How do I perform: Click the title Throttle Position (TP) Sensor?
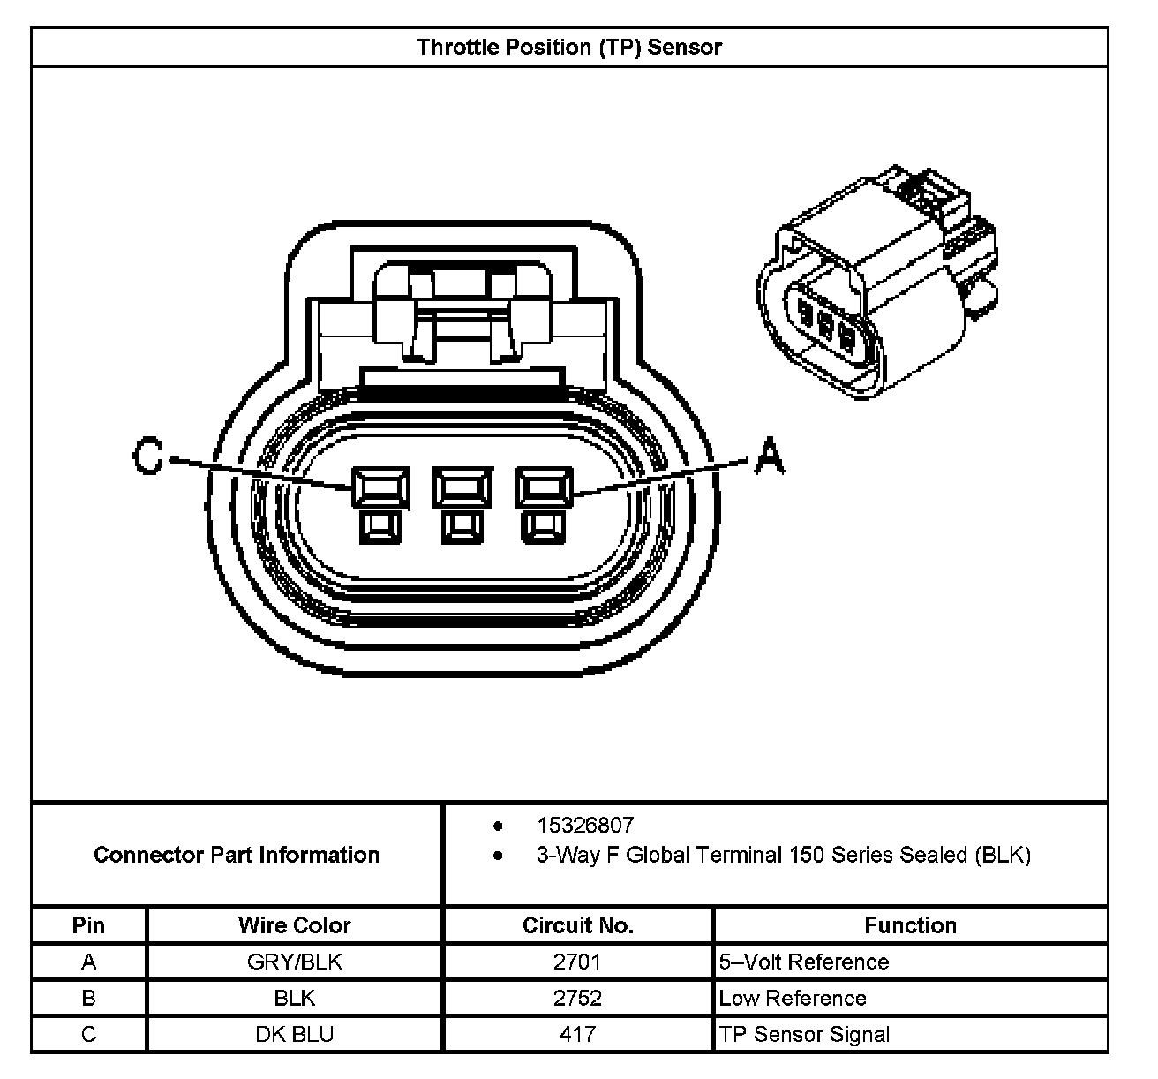(x=569, y=47)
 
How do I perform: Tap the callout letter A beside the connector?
(x=769, y=457)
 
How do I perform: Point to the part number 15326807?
(x=585, y=826)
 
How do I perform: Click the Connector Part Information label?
(x=237, y=855)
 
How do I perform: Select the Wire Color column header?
(x=294, y=925)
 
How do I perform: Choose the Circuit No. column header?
(x=578, y=925)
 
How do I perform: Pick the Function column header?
(x=910, y=925)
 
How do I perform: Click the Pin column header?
(x=88, y=925)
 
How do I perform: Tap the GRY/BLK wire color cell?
(x=294, y=962)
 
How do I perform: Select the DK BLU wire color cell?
(x=294, y=1034)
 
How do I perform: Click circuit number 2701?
(x=577, y=962)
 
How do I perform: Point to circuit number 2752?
(x=577, y=998)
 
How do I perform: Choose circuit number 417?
(x=577, y=1034)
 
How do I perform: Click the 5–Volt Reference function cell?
(x=804, y=962)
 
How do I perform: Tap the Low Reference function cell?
(x=793, y=998)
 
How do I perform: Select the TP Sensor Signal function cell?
(x=804, y=1034)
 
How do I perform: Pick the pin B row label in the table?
(x=88, y=998)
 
